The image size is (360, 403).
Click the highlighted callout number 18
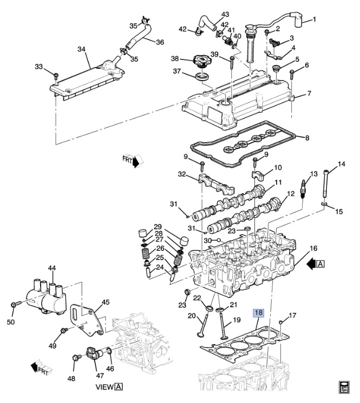pos(259,313)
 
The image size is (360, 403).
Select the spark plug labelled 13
pos(304,189)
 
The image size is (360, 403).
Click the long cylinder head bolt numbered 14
pos(325,184)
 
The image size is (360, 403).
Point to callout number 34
pos(82,49)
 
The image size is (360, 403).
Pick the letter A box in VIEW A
pos(118,387)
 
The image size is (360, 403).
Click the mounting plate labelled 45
pos(87,320)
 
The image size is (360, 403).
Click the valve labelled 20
pos(202,325)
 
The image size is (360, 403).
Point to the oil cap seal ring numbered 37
pos(202,76)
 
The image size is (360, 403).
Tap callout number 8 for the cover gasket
pos(307,138)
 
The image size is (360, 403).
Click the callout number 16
pos(313,248)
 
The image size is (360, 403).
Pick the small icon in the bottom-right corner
pos(343,387)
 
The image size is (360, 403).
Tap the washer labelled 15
pos(324,204)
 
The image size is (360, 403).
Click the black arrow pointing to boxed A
pos(311,264)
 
